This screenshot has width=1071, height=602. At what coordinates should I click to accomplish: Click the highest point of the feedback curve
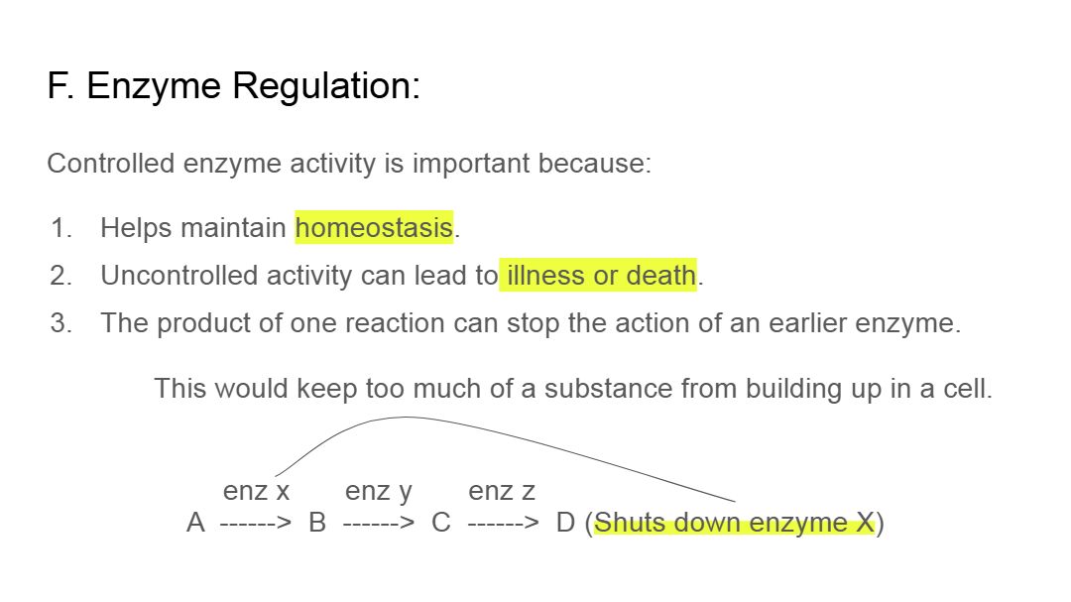(408, 417)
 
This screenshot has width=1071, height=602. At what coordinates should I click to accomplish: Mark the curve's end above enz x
(276, 476)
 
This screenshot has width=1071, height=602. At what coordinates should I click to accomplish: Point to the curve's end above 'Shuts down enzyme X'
(736, 502)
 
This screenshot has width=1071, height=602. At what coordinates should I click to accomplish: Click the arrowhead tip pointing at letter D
(538, 524)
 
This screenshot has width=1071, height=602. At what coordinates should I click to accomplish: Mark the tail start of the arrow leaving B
(343, 524)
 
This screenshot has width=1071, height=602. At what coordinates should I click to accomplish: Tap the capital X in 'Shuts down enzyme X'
(865, 523)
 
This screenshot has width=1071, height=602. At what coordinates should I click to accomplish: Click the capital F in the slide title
(58, 86)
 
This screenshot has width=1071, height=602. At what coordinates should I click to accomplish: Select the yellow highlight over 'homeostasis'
(374, 227)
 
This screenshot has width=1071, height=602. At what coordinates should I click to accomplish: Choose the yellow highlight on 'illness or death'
(598, 276)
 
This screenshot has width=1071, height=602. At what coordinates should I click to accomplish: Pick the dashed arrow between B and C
(379, 524)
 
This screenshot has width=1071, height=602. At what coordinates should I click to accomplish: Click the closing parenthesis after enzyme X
(880, 524)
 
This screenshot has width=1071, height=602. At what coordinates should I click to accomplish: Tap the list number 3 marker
(60, 323)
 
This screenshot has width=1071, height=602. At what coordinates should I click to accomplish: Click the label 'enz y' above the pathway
(379, 491)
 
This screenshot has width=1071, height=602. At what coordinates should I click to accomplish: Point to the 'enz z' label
(502, 491)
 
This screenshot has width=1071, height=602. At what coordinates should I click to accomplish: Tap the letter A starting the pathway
(195, 523)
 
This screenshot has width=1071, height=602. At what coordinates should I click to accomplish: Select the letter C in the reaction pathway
(441, 523)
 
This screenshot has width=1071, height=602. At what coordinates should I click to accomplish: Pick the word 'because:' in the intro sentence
(594, 164)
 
